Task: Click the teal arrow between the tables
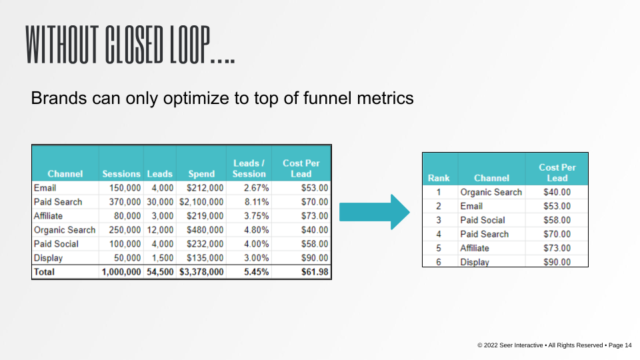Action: click(x=374, y=212)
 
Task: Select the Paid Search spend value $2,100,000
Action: click(x=201, y=202)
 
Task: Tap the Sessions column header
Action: click(x=121, y=174)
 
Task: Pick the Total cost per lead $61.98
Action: click(x=315, y=272)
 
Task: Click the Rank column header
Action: click(x=439, y=179)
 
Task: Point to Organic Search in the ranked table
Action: click(x=491, y=192)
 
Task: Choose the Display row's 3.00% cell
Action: click(x=256, y=258)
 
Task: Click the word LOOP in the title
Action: click(x=190, y=45)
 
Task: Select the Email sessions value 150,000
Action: click(x=125, y=188)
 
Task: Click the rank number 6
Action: click(x=439, y=262)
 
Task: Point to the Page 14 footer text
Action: click(x=620, y=345)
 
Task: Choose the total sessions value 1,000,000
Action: click(x=121, y=272)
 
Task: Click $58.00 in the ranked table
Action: click(x=557, y=221)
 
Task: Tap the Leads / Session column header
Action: click(x=249, y=169)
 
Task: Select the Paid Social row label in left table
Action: click(x=56, y=244)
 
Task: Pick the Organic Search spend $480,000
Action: click(x=205, y=230)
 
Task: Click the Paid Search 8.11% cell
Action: click(x=256, y=202)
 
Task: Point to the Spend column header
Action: click(x=201, y=174)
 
